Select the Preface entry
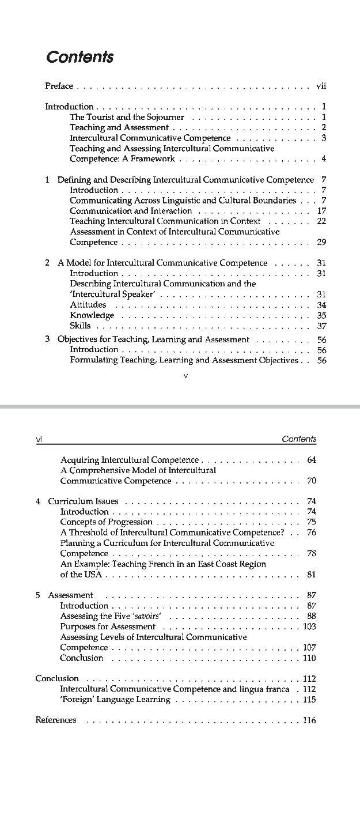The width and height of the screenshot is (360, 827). coord(59,86)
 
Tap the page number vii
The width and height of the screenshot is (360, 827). coord(321,86)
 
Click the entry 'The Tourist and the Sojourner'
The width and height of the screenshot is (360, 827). coord(127,117)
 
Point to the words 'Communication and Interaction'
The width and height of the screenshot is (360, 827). coord(131,211)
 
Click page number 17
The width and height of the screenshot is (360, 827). coord(321,211)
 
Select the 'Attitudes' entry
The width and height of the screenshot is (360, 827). coord(88,305)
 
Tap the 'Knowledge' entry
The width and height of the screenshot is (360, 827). coord(92,315)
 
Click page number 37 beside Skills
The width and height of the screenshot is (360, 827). coord(321,326)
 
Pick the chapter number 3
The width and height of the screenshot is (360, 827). coord(48,339)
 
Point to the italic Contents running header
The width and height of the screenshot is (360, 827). coord(299,439)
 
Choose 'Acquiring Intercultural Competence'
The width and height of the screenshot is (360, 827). coord(130,460)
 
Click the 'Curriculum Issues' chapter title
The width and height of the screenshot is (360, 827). coord(83,501)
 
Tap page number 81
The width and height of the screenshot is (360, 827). coord(312,575)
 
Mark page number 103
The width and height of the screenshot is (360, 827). coord(309,626)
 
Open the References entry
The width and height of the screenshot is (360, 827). coord(56,720)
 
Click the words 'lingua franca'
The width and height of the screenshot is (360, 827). coord(264,689)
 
